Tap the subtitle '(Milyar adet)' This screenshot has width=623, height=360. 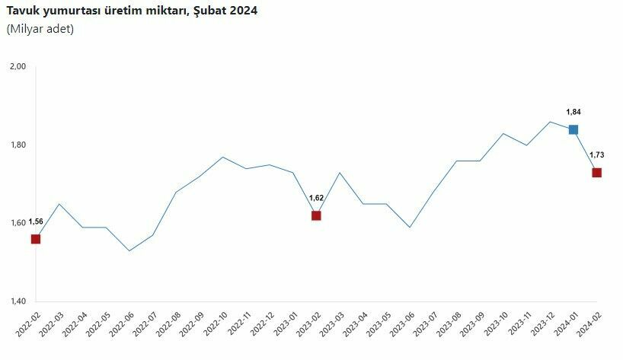pyautogui.click(x=40, y=29)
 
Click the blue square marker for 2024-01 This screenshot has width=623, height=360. pyautogui.click(x=573, y=129)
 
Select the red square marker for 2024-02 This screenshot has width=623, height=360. pyautogui.click(x=596, y=173)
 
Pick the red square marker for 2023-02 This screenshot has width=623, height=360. pyautogui.click(x=316, y=215)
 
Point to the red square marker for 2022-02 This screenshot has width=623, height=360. pyautogui.click(x=35, y=239)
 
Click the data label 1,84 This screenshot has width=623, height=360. pyautogui.click(x=573, y=111)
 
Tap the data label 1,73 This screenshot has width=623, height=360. pyautogui.click(x=596, y=155)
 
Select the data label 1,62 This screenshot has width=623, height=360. pyautogui.click(x=316, y=198)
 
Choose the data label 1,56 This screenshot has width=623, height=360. pyautogui.click(x=36, y=221)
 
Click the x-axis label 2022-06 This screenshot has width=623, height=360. pyautogui.click(x=122, y=324)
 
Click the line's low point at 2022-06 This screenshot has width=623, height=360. pyautogui.click(x=129, y=250)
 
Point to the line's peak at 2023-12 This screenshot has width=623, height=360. pyautogui.click(x=550, y=122)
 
